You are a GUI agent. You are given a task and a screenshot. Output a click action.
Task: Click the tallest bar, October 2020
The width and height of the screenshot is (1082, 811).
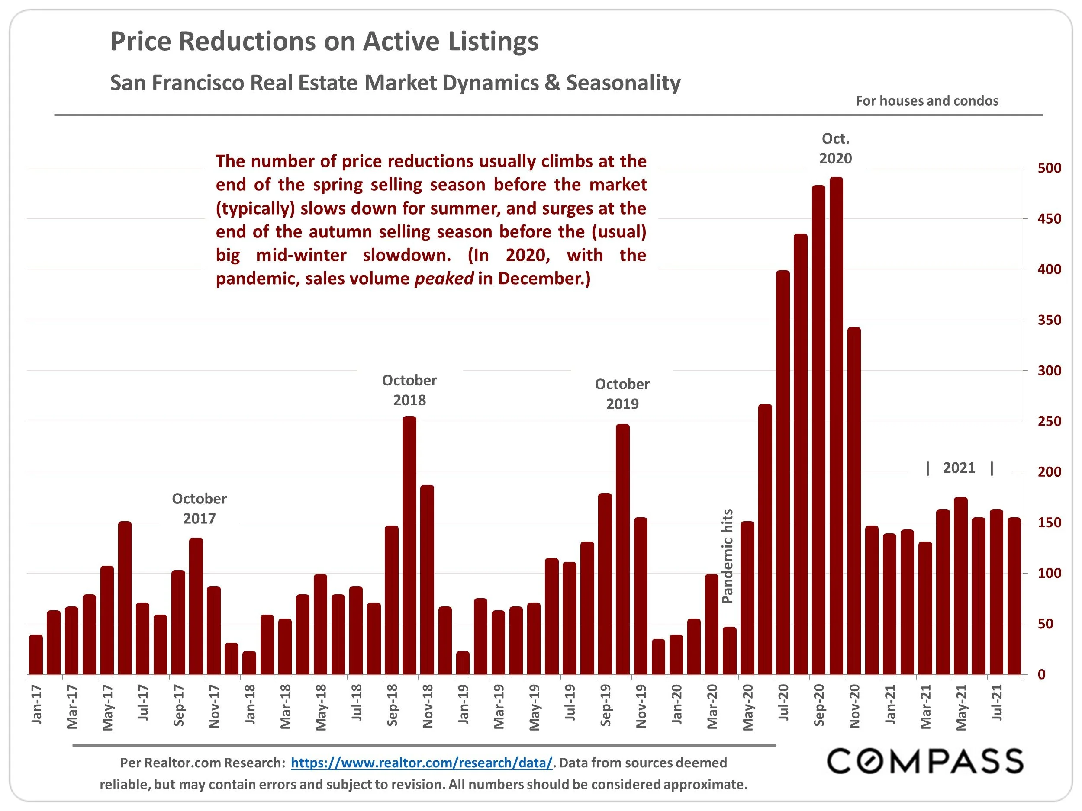[x=836, y=425]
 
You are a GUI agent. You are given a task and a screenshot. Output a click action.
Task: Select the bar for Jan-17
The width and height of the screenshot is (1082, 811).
[x=36, y=654]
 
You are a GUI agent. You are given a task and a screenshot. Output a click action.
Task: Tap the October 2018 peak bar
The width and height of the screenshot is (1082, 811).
[x=409, y=545]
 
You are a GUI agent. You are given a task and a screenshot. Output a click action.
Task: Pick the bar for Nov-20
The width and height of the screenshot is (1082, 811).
[x=854, y=501]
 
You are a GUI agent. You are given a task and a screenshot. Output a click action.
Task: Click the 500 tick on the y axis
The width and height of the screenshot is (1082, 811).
[x=1049, y=168]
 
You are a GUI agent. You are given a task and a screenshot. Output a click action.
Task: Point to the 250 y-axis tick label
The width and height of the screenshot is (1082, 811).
[x=1049, y=421]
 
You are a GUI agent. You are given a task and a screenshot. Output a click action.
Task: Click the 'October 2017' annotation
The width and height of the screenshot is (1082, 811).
[x=199, y=508]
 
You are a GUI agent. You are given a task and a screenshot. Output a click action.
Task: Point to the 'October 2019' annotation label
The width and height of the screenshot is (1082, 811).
[x=622, y=394]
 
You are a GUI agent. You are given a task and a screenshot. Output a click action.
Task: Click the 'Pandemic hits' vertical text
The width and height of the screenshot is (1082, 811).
[x=728, y=556]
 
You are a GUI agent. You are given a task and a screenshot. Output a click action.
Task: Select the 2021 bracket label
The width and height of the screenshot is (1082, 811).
[x=959, y=468]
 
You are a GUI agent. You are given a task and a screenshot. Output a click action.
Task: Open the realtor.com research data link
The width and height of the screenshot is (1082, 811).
[x=422, y=763]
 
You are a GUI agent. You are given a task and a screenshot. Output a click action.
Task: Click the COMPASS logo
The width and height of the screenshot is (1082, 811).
[x=924, y=762]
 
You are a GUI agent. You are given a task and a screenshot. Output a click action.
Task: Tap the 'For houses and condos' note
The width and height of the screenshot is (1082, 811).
[x=927, y=101]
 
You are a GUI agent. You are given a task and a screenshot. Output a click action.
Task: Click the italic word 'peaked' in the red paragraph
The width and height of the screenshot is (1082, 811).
[x=444, y=279]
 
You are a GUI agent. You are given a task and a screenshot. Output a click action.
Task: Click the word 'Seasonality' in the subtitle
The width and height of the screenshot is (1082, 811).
[x=623, y=83]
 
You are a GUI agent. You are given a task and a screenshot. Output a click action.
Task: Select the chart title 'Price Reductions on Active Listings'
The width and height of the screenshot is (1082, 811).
[x=324, y=41]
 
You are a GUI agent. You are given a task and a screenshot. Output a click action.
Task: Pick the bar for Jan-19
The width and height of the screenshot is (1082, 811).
[x=463, y=663]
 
